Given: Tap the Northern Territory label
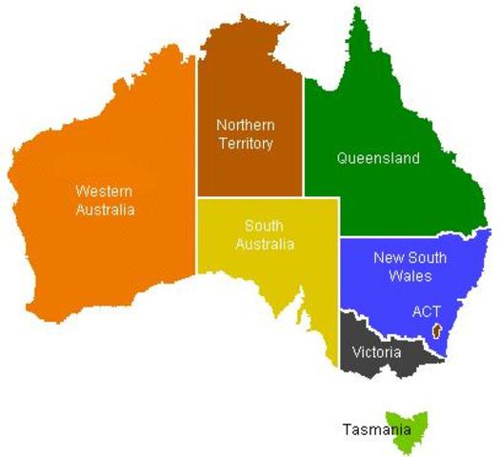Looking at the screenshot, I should [245, 134].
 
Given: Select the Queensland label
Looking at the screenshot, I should [378, 159].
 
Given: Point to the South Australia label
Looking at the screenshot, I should [270, 235].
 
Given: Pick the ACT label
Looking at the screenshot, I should [426, 311].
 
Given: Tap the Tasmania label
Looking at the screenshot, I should [372, 429].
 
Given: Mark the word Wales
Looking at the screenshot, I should [410, 276].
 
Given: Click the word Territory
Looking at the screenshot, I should [245, 144].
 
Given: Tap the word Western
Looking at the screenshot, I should [105, 191].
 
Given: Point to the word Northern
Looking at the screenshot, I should [245, 125].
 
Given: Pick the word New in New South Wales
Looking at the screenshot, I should [387, 257].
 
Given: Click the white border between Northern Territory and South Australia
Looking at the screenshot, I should [250, 198].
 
